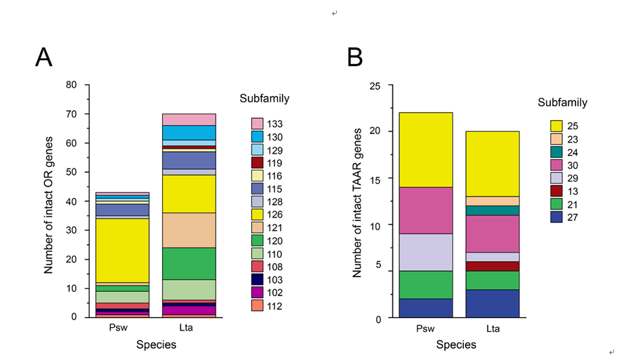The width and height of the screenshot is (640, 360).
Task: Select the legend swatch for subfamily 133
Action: (x=258, y=123)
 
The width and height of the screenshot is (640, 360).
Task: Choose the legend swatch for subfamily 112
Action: (x=258, y=305)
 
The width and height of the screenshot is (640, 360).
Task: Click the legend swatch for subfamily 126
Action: (x=258, y=214)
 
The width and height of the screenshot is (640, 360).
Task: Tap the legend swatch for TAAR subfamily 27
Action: (x=556, y=218)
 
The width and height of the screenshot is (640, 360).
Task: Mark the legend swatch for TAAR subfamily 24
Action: (x=556, y=152)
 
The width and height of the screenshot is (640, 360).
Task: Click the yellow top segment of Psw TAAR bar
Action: (x=426, y=149)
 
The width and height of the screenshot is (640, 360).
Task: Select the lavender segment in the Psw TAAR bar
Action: (x=426, y=252)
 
